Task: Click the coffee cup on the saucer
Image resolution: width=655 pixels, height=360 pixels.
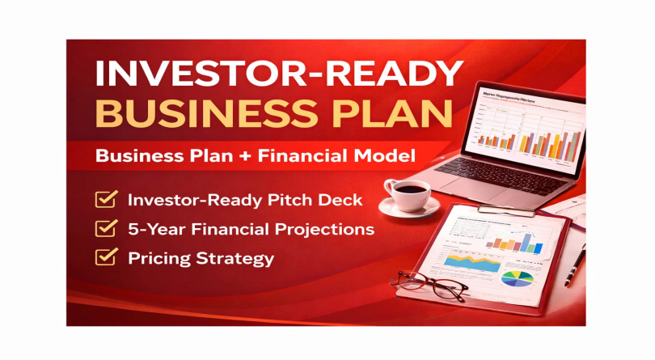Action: tap(408, 194)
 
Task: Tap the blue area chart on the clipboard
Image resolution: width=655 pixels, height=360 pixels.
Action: tap(469, 263)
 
